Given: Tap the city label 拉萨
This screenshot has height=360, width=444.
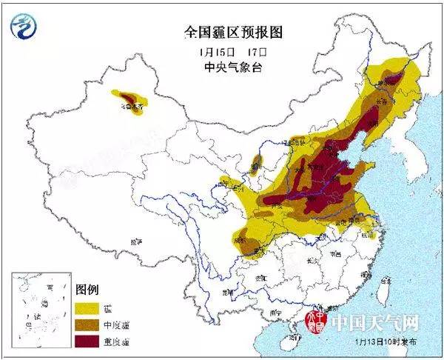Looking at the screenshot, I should [x=135, y=242].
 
